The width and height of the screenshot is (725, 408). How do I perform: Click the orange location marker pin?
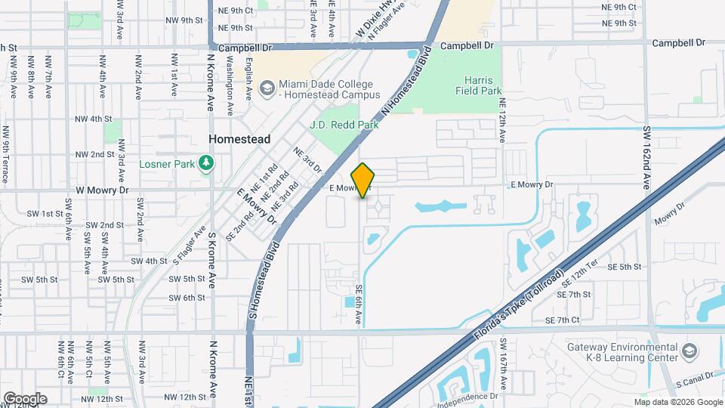pyautogui.click(x=363, y=181)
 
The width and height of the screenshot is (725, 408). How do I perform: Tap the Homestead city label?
pyautogui.click(x=239, y=139)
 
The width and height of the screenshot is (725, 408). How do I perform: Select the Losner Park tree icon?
pyautogui.click(x=205, y=163)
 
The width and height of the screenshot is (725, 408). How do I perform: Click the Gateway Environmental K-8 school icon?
pyautogui.click(x=688, y=351)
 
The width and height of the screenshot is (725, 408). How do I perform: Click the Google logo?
pyautogui.click(x=25, y=399)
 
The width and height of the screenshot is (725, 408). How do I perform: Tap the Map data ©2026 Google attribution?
pyautogui.click(x=678, y=402)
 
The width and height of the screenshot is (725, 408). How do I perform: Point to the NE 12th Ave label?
pyautogui.click(x=501, y=119)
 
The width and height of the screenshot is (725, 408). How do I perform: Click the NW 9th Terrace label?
pyautogui.click(x=5, y=156)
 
